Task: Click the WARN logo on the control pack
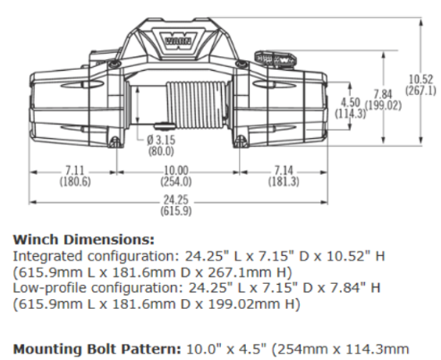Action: click(178, 40)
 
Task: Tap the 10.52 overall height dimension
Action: click(420, 79)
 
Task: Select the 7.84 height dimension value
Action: click(383, 94)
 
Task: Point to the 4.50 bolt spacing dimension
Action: click(351, 102)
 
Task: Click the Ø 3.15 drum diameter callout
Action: click(161, 140)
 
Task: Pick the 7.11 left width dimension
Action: click(74, 170)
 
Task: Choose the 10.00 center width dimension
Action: click(176, 170)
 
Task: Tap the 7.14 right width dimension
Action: click(284, 170)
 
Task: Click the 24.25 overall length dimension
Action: click(176, 200)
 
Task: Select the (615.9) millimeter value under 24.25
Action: click(176, 211)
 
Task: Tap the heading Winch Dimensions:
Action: click(84, 240)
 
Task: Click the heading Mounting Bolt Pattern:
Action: click(98, 349)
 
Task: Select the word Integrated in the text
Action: click(48, 256)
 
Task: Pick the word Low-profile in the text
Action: click(50, 288)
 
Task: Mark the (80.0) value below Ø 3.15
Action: click(161, 151)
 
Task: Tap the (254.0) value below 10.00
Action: click(176, 182)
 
